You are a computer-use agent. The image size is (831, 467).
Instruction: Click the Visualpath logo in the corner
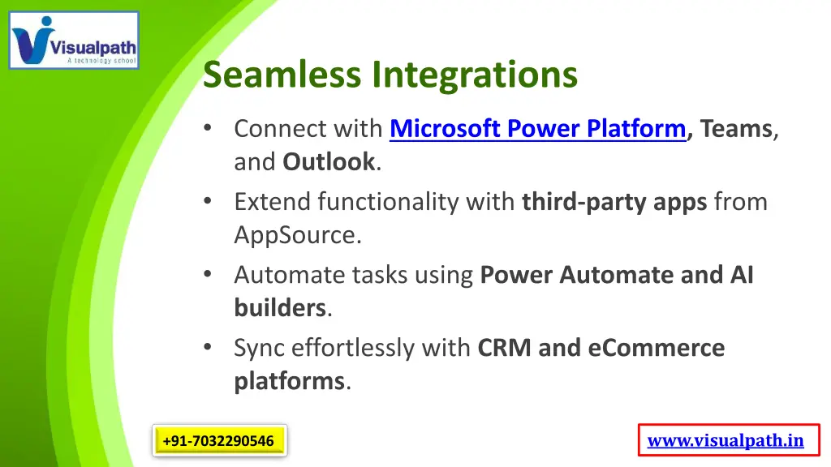pos(74,40)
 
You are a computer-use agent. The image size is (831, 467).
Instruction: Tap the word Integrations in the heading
pos(475,75)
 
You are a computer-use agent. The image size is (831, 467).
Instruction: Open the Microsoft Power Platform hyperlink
pos(537,129)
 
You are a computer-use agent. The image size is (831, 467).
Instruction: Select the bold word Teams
pos(736,129)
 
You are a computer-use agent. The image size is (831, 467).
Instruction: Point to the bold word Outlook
pos(329,162)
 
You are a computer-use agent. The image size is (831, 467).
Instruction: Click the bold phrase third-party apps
pos(614,202)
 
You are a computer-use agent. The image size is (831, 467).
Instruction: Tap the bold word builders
pos(280,308)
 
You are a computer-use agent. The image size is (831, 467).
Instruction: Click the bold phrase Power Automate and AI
pos(617,276)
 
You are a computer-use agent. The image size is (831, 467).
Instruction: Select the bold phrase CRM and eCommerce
pos(601,349)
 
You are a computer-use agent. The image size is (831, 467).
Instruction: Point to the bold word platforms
pos(290,381)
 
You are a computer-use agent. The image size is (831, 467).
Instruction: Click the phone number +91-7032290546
pos(218,441)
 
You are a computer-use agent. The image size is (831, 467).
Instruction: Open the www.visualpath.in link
pos(726,441)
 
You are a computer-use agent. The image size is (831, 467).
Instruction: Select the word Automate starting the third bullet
pos(290,276)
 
